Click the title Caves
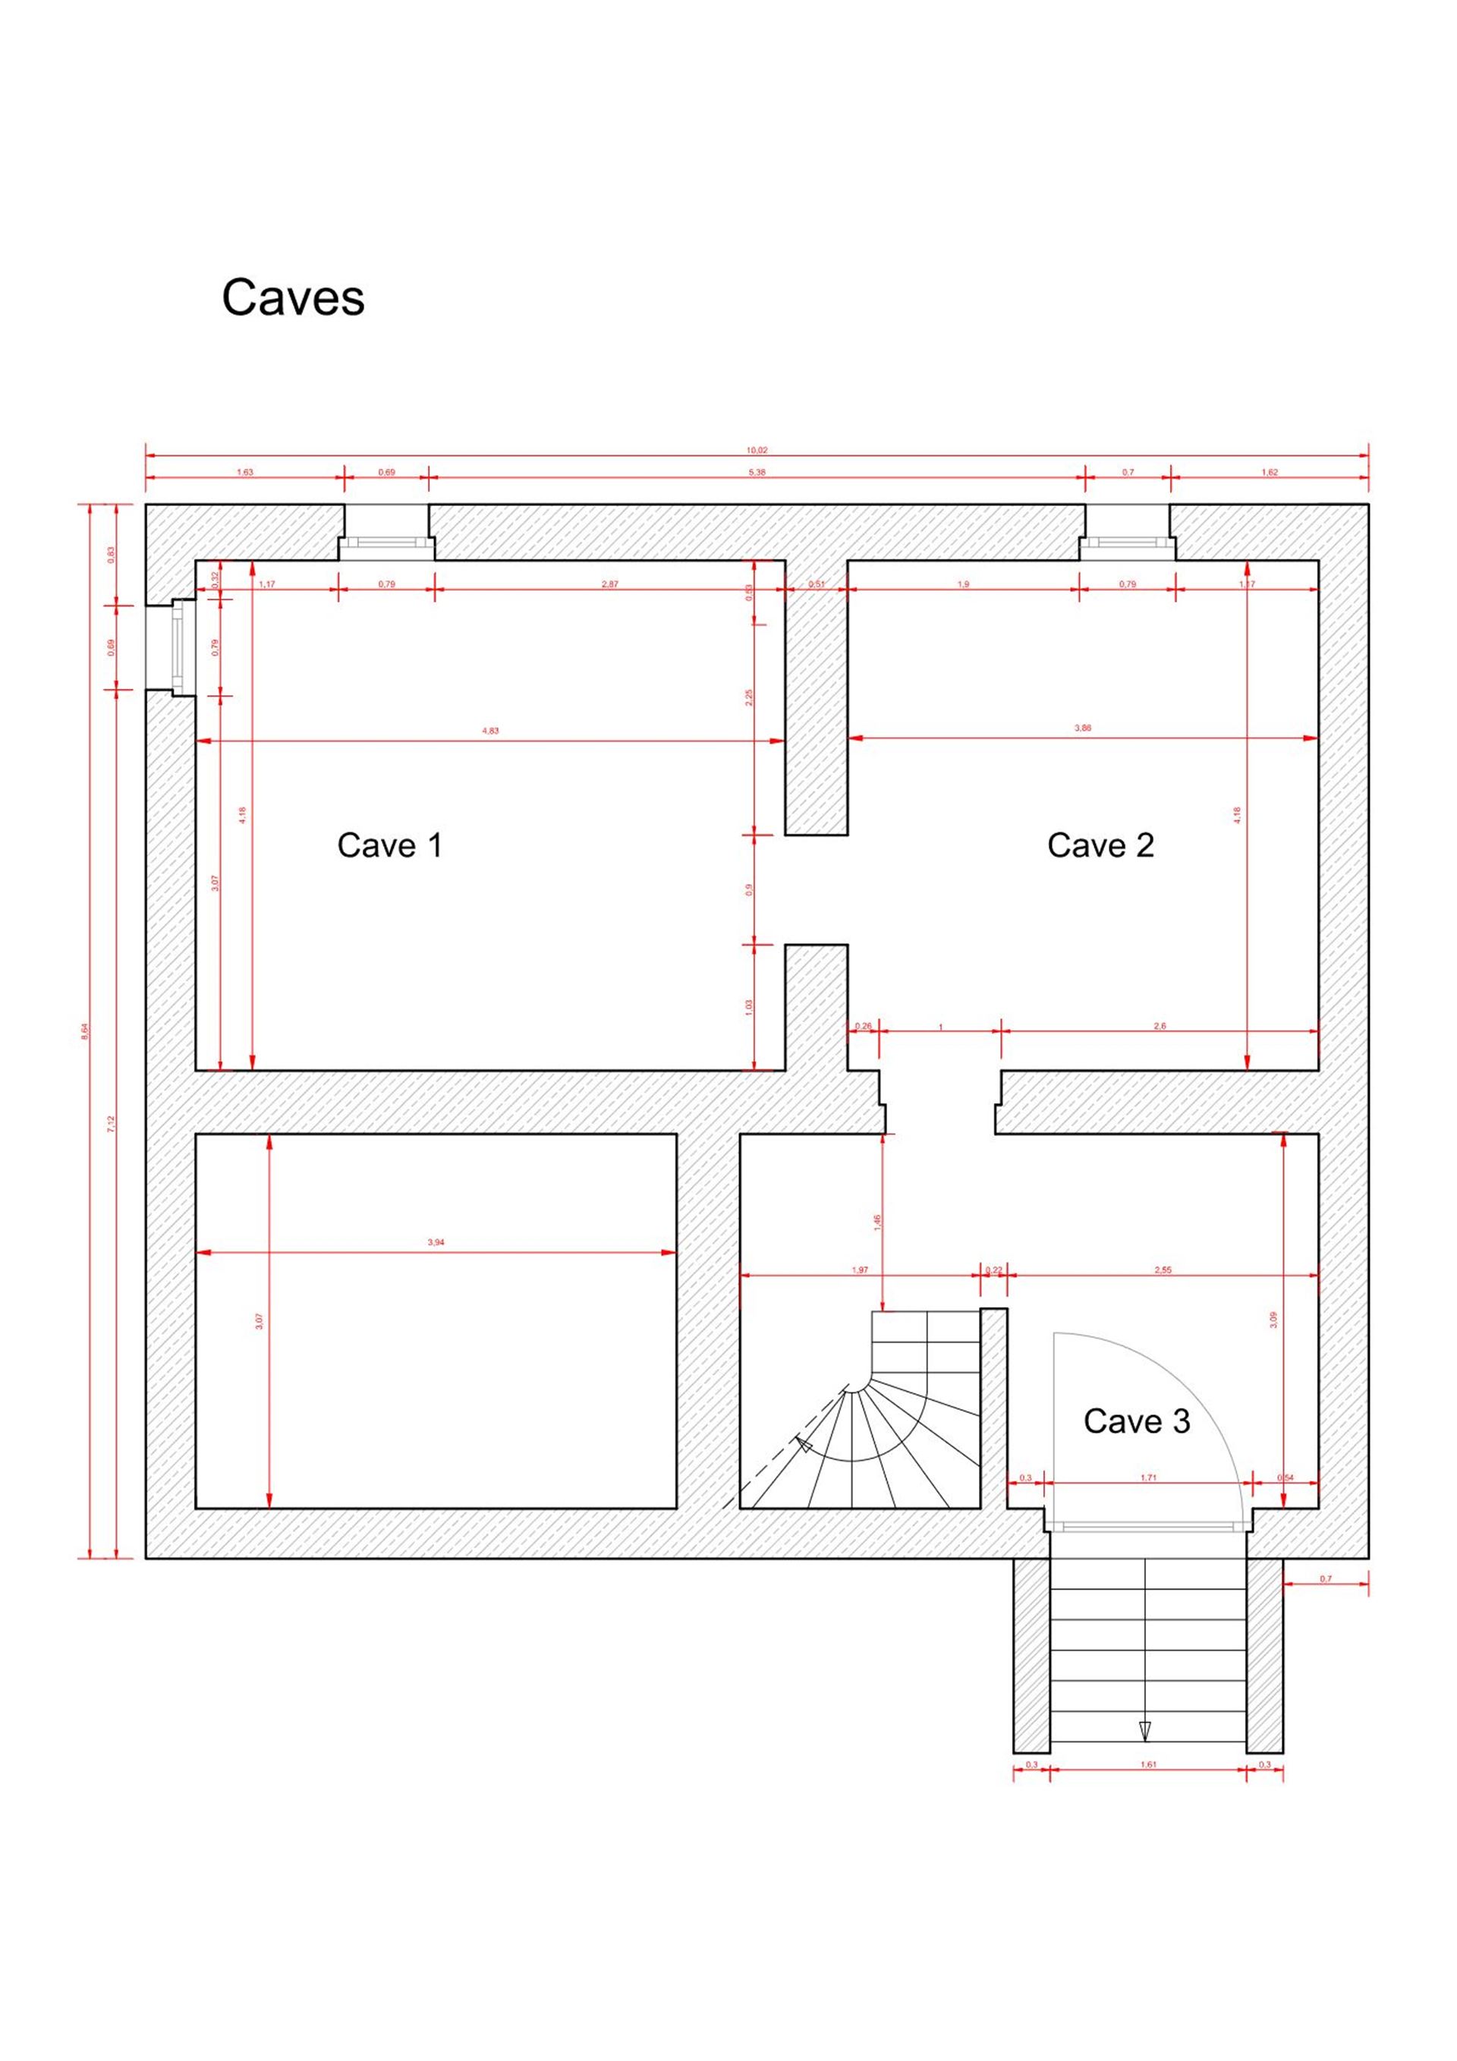click(293, 297)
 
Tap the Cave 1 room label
click(389, 845)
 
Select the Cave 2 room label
click(1100, 845)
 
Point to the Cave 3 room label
click(1137, 1421)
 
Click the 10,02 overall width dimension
click(757, 451)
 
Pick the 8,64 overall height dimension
click(85, 1031)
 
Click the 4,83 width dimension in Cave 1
click(490, 731)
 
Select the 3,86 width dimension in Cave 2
click(1083, 728)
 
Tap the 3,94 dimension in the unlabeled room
click(436, 1242)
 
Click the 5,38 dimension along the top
click(757, 472)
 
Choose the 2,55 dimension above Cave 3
click(1163, 1270)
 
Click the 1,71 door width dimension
click(1148, 1477)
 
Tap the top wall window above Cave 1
click(386, 542)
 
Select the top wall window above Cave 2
click(1128, 542)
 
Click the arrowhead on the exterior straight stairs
click(1144, 1731)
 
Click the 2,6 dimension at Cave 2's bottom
click(1159, 1026)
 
